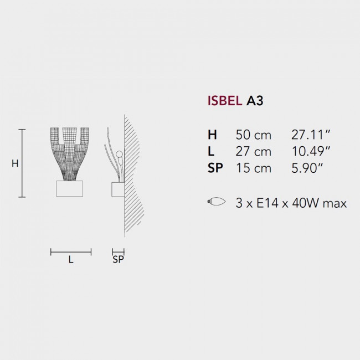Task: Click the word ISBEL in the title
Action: click(x=225, y=101)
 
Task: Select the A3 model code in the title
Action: click(x=255, y=101)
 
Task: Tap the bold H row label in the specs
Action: click(x=212, y=135)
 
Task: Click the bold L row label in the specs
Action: click(x=211, y=151)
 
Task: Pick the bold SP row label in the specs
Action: click(x=215, y=168)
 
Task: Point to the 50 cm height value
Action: click(x=254, y=135)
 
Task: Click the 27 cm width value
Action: click(x=254, y=151)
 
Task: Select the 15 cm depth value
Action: click(x=254, y=168)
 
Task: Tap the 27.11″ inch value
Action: click(x=311, y=135)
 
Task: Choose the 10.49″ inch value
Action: click(x=311, y=151)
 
